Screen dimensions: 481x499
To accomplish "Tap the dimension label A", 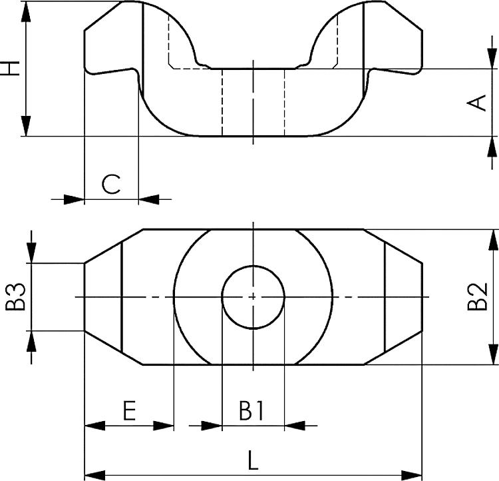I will click(478, 103).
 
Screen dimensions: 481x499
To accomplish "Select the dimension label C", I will click(111, 184).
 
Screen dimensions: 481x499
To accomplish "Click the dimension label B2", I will click(478, 297).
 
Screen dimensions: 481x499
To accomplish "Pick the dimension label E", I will click(129, 410).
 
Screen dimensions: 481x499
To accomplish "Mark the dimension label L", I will click(253, 461).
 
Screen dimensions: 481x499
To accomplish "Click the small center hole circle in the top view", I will click(253, 296).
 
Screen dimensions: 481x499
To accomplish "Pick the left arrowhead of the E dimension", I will click(94, 425).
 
